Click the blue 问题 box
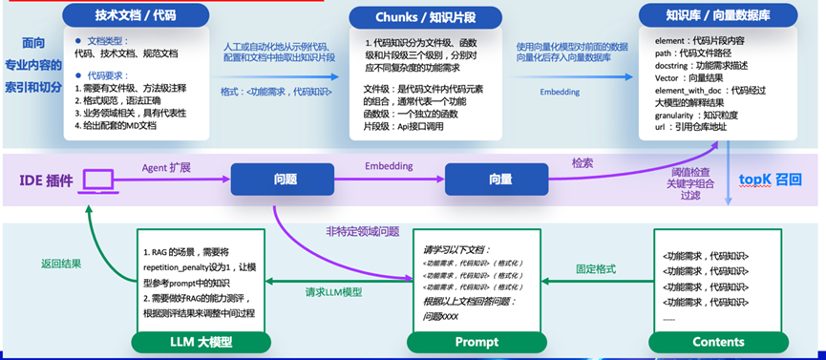pyautogui.click(x=284, y=179)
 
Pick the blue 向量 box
pyautogui.click(x=500, y=179)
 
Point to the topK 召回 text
pyautogui.click(x=771, y=179)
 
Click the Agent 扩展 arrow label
pyautogui.click(x=166, y=167)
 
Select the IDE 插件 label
pyautogui.click(x=46, y=180)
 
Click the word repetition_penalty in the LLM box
pyautogui.click(x=194, y=270)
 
